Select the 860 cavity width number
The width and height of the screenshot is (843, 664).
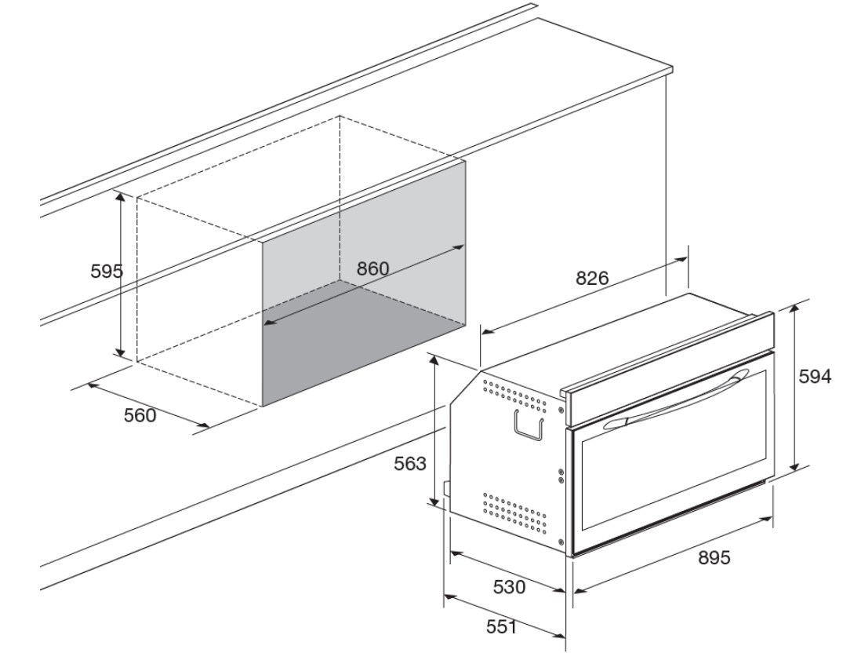(372, 268)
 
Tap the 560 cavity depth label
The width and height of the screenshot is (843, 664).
(140, 415)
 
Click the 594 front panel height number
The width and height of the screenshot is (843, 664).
(815, 378)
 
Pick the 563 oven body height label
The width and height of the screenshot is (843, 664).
(410, 464)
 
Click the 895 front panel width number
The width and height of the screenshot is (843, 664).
(714, 558)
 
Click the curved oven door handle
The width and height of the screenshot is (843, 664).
(674, 402)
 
